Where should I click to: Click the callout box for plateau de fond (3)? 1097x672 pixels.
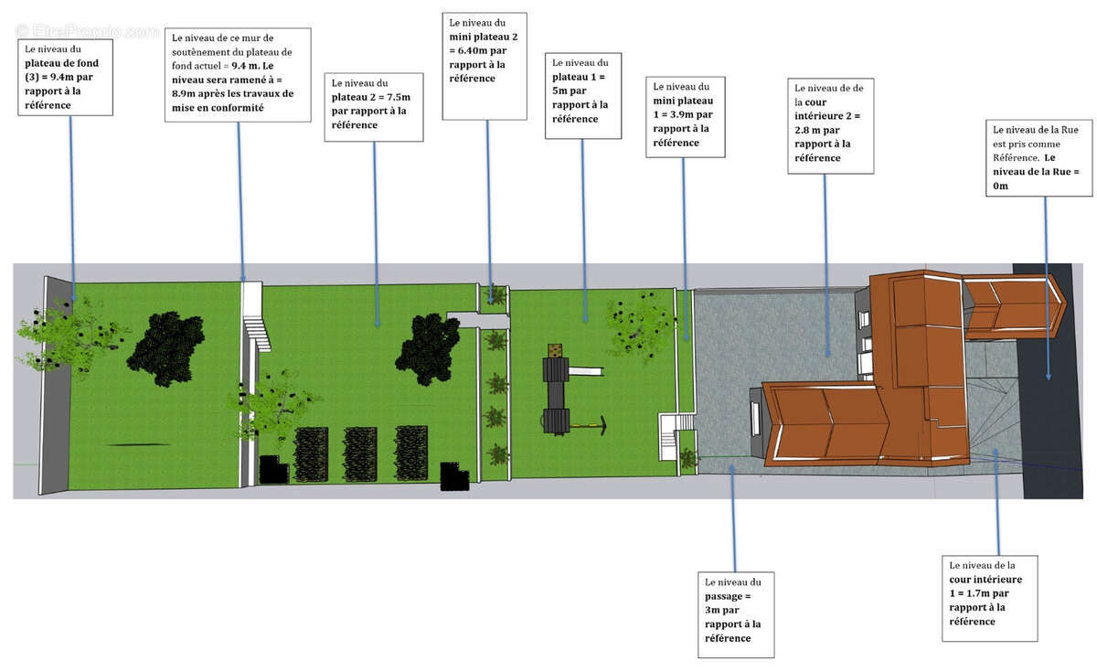(64, 78)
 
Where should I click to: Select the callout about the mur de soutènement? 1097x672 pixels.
(240, 75)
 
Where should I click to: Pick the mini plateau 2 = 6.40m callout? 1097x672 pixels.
(485, 66)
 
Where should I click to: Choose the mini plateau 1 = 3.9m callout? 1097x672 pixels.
(684, 117)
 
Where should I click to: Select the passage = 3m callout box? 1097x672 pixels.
(735, 614)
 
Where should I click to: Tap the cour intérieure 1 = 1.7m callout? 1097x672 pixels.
(991, 598)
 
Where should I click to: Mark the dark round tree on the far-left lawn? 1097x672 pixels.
(165, 341)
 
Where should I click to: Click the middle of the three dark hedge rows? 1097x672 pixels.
(360, 453)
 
